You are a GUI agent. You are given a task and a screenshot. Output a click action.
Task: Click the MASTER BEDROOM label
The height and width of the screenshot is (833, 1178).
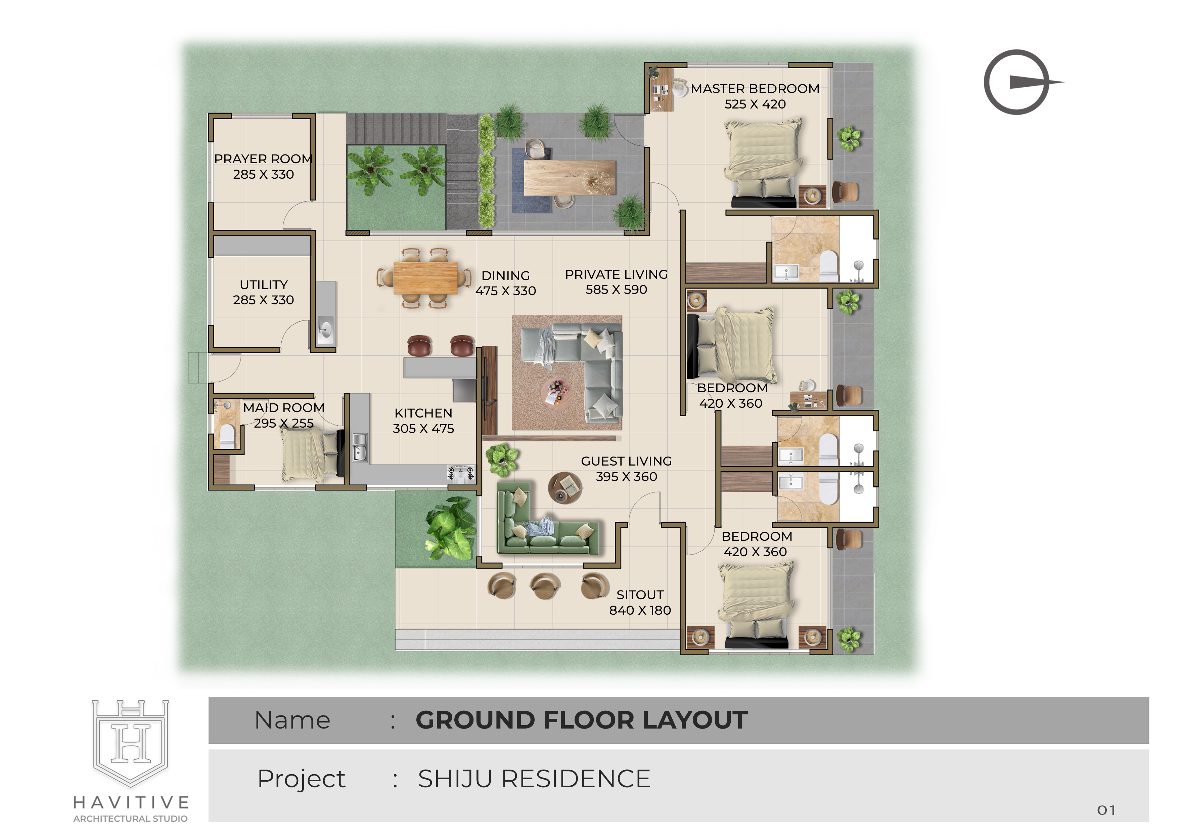(755, 89)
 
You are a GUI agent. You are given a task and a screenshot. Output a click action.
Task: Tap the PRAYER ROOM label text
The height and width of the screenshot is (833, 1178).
(263, 159)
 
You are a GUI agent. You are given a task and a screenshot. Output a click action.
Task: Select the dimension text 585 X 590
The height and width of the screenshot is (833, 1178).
(616, 290)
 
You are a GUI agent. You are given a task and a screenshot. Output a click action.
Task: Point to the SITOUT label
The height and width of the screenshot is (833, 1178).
(640, 595)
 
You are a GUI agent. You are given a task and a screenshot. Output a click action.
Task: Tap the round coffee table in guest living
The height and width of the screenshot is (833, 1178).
(565, 488)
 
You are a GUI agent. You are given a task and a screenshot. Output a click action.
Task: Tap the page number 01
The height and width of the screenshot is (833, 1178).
(1106, 810)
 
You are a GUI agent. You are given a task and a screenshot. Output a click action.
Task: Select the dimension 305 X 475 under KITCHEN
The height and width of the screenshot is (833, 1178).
(423, 429)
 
